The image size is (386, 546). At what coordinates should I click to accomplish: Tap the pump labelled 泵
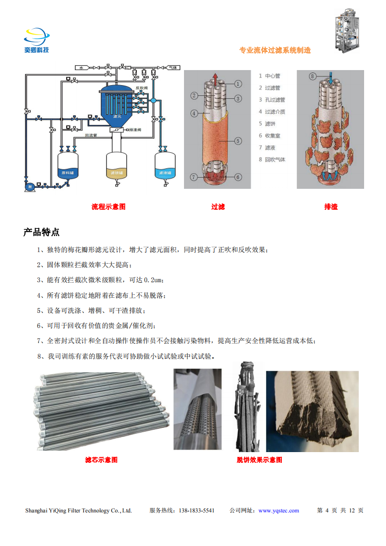[30, 186]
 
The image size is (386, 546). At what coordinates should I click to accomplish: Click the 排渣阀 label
[134, 130]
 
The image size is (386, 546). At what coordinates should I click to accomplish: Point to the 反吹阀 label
[141, 88]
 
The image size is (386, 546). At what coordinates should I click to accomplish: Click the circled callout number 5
[238, 141]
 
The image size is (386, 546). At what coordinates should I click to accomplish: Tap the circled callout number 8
[313, 75]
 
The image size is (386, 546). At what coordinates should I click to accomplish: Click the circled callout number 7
[193, 177]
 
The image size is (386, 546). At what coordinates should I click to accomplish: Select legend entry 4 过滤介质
[272, 111]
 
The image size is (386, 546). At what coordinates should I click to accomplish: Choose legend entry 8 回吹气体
[272, 160]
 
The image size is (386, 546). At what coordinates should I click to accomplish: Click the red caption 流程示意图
[109, 207]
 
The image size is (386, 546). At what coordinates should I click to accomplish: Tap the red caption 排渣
[331, 207]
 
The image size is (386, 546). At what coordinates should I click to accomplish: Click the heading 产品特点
[41, 232]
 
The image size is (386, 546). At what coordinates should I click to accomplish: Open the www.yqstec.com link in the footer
[278, 510]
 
